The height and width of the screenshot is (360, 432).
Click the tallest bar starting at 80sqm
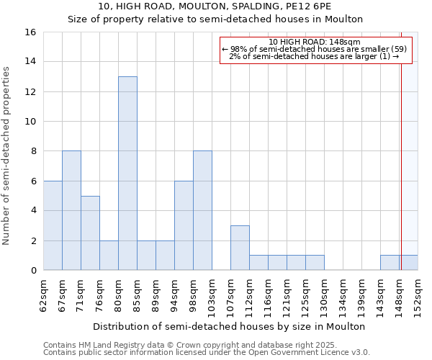coord(127,174)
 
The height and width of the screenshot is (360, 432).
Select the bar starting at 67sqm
coord(71,210)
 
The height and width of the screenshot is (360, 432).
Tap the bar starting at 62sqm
coord(53,225)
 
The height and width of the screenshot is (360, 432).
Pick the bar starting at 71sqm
coord(90,233)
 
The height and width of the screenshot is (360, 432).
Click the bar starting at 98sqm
coord(202,210)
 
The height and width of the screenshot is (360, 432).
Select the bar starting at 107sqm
coord(240,248)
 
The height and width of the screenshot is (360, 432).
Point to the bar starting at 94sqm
coord(184,225)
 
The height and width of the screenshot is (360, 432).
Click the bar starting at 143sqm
coord(390,263)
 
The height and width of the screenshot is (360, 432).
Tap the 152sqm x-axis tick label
coord(418,295)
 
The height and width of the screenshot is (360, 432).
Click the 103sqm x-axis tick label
coord(212,295)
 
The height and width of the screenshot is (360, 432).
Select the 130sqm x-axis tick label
coord(325,295)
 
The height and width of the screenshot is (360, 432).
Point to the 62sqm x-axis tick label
coord(44,295)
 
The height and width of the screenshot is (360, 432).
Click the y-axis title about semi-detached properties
coord(7,156)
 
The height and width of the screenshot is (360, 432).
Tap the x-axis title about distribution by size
coord(230,326)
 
